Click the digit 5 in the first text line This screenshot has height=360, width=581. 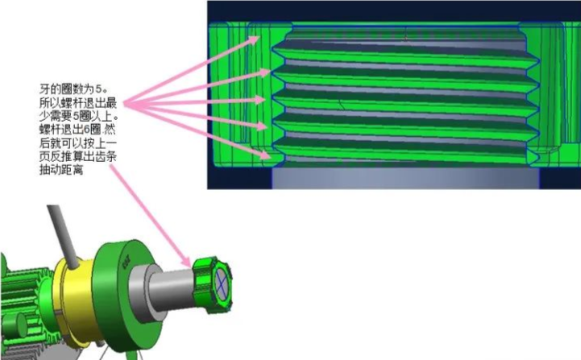[98, 89]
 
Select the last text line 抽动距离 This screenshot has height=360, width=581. [61, 170]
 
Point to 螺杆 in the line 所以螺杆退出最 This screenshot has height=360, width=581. [71, 103]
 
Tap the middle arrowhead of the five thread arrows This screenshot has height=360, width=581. [260, 101]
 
